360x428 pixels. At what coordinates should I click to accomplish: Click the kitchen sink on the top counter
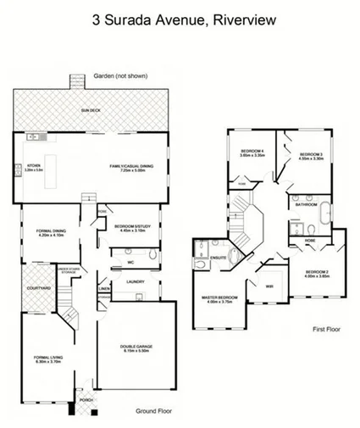(33, 136)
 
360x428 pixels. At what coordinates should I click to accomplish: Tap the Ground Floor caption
(154, 410)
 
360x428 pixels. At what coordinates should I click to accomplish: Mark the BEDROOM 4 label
(252, 150)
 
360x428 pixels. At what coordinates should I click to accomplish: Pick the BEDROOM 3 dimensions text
(310, 158)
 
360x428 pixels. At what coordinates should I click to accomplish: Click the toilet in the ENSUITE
(199, 262)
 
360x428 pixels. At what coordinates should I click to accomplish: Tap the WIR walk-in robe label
(267, 286)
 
